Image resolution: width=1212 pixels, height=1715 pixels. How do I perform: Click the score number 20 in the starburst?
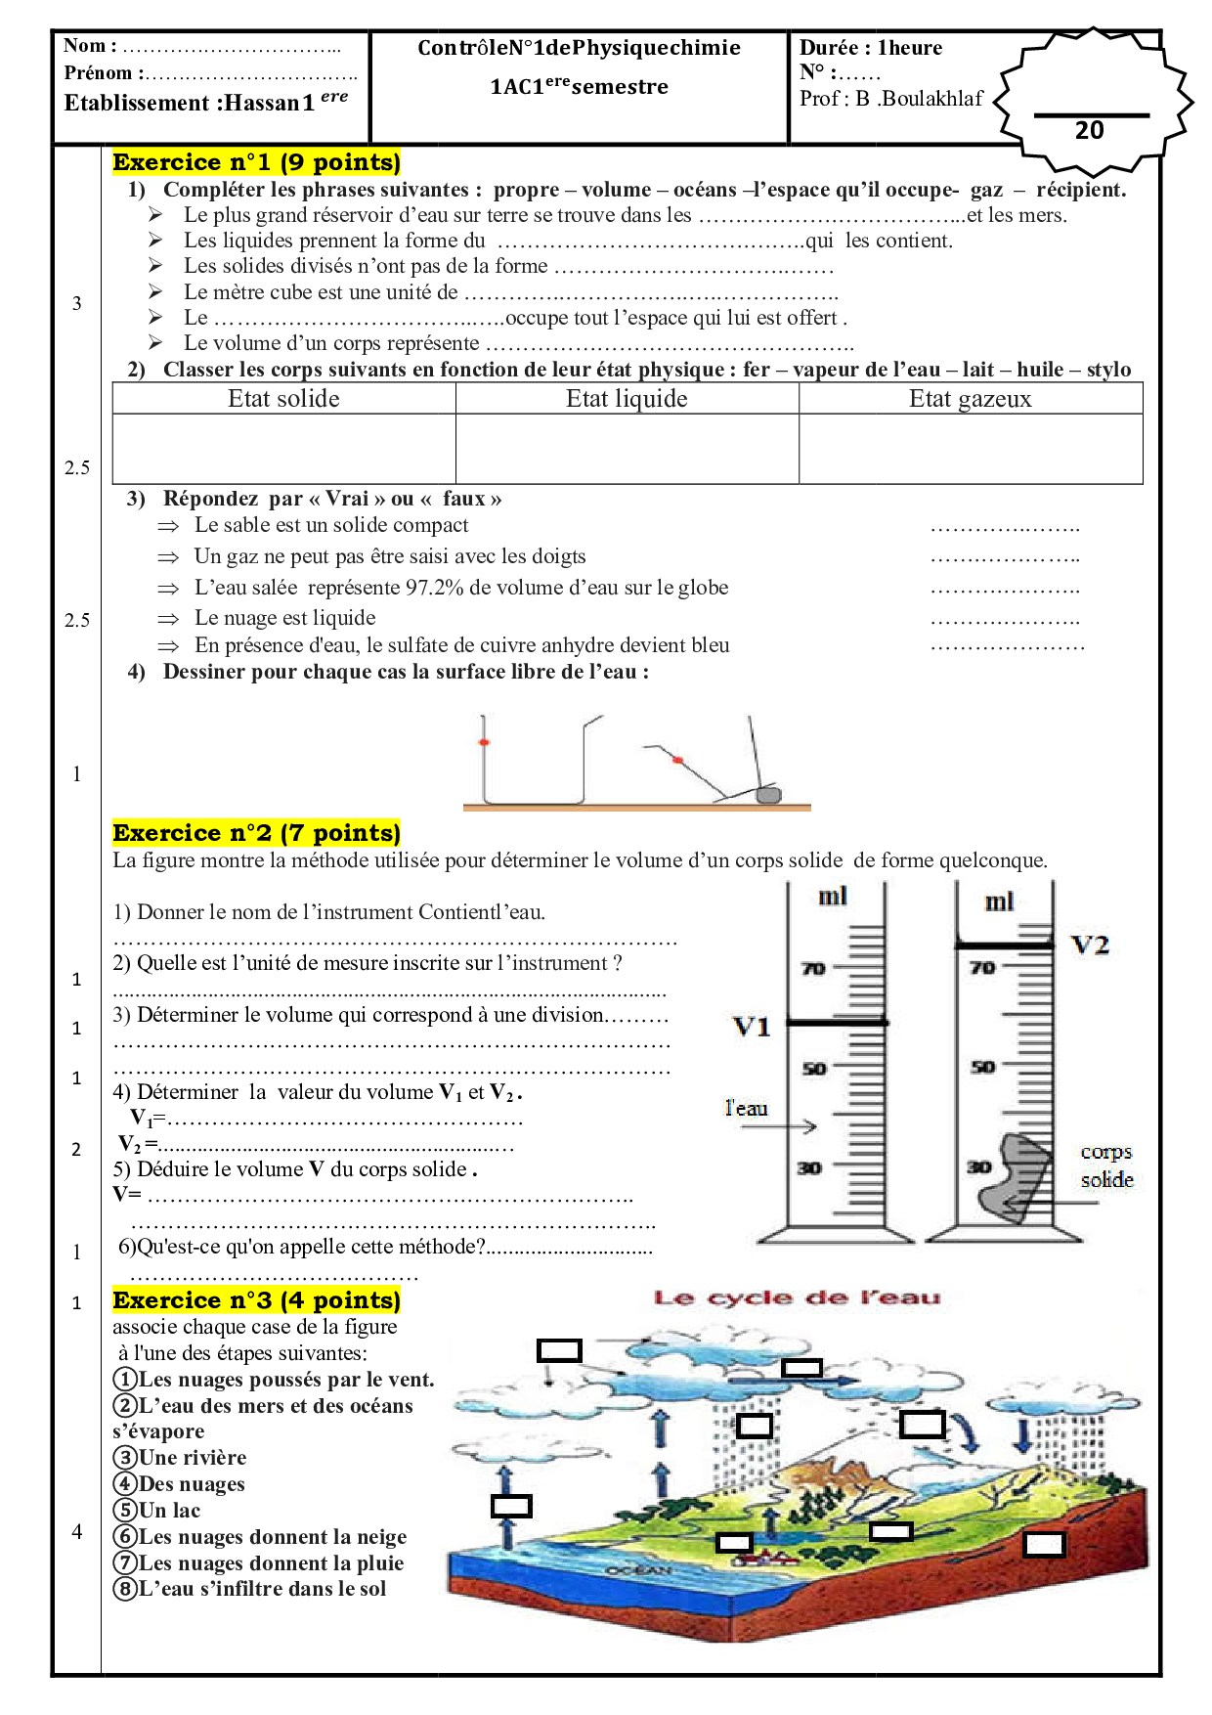click(x=1089, y=130)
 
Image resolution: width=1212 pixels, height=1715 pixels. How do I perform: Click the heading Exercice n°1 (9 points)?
click(x=256, y=162)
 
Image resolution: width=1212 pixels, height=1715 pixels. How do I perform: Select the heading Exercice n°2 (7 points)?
click(x=256, y=833)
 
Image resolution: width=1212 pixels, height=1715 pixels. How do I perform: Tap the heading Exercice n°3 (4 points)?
click(x=256, y=1300)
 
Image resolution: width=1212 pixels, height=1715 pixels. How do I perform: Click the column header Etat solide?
click(x=283, y=399)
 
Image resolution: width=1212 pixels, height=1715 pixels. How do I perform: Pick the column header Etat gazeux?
click(x=970, y=399)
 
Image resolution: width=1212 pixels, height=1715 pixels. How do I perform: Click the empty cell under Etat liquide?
click(x=627, y=449)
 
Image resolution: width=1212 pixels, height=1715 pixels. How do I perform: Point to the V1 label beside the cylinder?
click(x=752, y=1027)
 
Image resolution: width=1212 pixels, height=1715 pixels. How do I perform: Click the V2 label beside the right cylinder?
click(x=1090, y=945)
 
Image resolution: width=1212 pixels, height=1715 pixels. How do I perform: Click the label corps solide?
click(x=1106, y=1165)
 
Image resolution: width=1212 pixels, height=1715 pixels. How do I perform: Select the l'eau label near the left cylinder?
click(x=746, y=1108)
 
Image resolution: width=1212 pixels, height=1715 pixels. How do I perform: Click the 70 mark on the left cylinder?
click(x=813, y=969)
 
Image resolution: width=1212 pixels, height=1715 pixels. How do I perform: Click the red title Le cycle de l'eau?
click(x=797, y=1298)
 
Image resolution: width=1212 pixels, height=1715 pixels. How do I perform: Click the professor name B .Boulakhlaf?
click(x=919, y=99)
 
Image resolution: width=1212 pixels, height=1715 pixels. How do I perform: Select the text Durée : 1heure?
click(x=870, y=48)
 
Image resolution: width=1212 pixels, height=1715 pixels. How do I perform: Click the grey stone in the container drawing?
click(x=769, y=795)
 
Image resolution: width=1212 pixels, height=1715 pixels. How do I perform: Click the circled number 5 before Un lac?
click(x=125, y=1511)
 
